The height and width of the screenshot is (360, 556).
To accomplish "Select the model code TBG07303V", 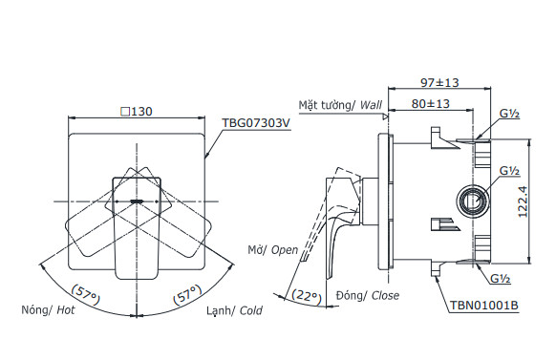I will click(255, 123).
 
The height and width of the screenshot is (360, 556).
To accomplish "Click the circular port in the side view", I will click(469, 201).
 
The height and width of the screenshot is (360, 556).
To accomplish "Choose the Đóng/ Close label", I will click(368, 296).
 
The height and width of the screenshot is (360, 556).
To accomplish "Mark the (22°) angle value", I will click(308, 295).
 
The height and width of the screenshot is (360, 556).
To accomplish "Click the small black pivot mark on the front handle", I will click(137, 201).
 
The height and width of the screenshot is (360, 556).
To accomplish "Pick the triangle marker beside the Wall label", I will click(386, 116).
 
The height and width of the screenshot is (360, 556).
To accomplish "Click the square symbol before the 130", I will click(124, 112).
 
